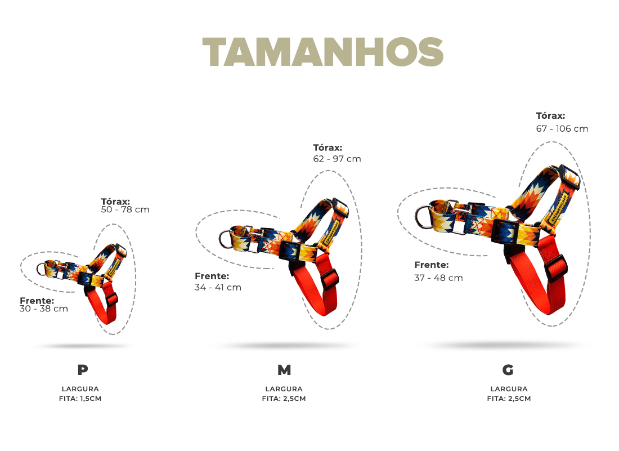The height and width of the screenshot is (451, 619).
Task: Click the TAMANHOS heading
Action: click(322, 52)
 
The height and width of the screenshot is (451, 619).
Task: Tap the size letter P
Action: click(83, 370)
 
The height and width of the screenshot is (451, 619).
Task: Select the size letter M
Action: click(284, 370)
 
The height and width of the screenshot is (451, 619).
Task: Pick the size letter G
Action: click(508, 370)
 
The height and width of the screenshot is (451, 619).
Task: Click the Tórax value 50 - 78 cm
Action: click(125, 209)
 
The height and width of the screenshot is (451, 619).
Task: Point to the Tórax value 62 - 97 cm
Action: click(337, 159)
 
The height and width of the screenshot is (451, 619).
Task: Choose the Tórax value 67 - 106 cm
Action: click(562, 129)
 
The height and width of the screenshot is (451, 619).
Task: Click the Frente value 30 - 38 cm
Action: click(44, 309)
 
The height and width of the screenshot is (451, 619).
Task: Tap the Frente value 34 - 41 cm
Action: click(218, 288)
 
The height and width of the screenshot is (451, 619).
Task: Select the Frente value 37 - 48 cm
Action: click(438, 278)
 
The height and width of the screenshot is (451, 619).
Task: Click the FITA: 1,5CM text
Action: click(80, 399)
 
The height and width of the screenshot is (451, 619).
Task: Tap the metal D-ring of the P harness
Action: click(39, 270)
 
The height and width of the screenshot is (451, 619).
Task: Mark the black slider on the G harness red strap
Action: click(556, 269)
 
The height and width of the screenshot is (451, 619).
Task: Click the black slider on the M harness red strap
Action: click(330, 280)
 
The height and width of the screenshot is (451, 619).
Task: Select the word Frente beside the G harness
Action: click(432, 265)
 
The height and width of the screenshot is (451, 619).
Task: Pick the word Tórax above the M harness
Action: click(328, 148)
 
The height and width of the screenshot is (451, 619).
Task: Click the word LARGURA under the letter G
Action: click(509, 389)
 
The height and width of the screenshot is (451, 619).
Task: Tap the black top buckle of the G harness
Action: click(569, 177)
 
